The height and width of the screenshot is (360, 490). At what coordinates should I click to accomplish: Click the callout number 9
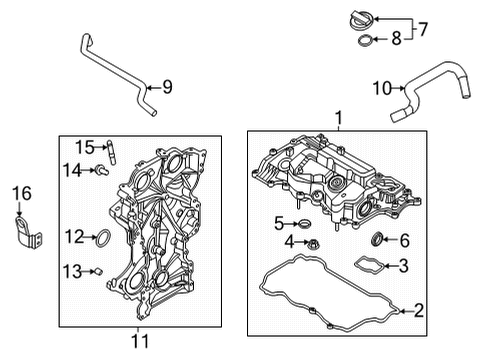tap(167, 87)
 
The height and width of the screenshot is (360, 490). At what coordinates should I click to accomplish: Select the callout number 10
tap(382, 88)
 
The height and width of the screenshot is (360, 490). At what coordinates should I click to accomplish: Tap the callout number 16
tap(22, 193)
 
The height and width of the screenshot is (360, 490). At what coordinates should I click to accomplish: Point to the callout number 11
tap(140, 341)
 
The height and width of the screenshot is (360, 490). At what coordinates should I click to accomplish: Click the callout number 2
tap(418, 310)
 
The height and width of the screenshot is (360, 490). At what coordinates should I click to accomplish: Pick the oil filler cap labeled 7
tap(362, 19)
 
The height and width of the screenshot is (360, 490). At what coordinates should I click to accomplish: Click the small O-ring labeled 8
tap(364, 40)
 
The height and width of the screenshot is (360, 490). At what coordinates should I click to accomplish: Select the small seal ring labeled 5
tap(305, 224)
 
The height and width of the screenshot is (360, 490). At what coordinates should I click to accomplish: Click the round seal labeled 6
tap(377, 239)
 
